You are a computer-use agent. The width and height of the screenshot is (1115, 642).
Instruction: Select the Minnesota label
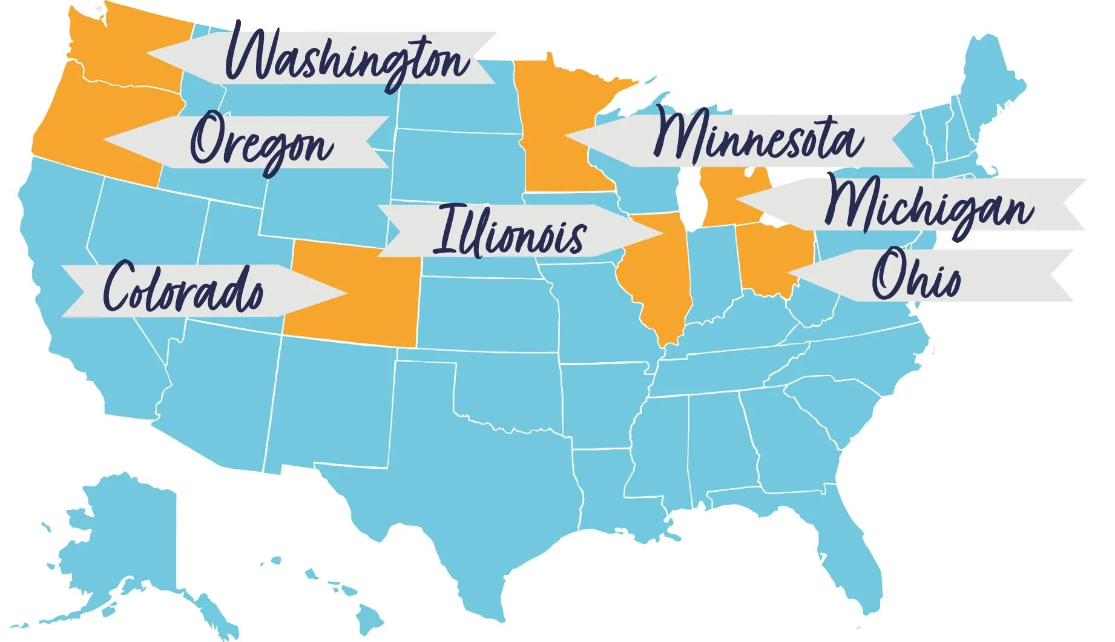coord(757,138)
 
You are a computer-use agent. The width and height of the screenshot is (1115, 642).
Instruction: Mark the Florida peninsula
coord(854,557)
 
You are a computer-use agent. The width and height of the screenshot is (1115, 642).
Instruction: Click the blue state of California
coord(73,291)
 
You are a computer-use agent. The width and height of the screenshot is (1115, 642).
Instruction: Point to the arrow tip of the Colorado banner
coord(344,293)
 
